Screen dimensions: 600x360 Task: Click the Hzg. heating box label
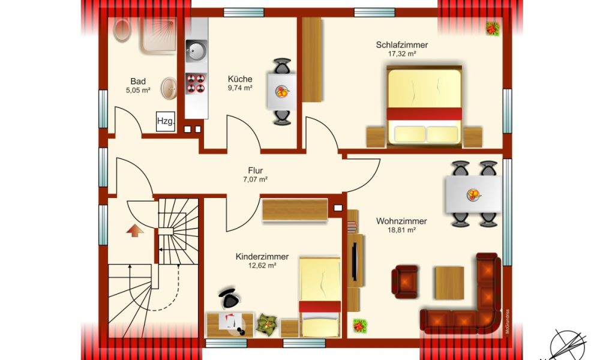pyautogui.click(x=166, y=121)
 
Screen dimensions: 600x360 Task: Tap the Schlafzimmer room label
pyautogui.click(x=402, y=45)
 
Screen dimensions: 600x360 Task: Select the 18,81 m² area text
pyautogui.click(x=401, y=230)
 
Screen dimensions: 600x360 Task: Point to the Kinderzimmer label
pyautogui.click(x=262, y=257)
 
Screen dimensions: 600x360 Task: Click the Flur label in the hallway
pyautogui.click(x=255, y=170)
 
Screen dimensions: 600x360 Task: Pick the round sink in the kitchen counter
pyautogui.click(x=196, y=50)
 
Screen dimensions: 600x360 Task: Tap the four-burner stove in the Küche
pyautogui.click(x=196, y=83)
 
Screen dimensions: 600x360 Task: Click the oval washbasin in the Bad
pyautogui.click(x=169, y=88)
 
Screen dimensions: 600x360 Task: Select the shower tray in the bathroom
pyautogui.click(x=158, y=35)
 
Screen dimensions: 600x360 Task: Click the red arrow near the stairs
pyautogui.click(x=134, y=230)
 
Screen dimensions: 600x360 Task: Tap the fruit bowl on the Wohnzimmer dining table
pyautogui.click(x=473, y=195)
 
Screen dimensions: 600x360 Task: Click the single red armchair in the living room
pyautogui.click(x=404, y=281)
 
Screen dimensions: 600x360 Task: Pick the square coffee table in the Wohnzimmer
pyautogui.click(x=449, y=283)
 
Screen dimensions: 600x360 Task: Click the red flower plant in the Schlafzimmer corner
pyautogui.click(x=493, y=29)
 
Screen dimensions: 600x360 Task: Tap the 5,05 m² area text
pyautogui.click(x=138, y=91)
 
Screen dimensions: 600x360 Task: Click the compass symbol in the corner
pyautogui.click(x=567, y=345)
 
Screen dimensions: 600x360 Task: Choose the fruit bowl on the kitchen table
pyautogui.click(x=282, y=92)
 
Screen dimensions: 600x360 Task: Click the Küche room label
pyautogui.click(x=240, y=79)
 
